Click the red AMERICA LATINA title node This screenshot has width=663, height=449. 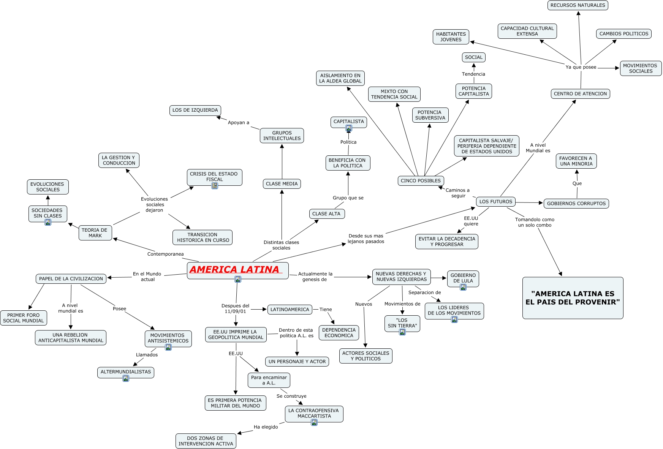237,270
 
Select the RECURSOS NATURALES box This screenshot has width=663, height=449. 578,5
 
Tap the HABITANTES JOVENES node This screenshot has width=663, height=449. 451,37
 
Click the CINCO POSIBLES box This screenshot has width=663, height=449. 421,181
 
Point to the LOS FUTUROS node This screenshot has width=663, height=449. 496,202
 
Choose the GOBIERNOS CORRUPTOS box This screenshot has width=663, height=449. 576,204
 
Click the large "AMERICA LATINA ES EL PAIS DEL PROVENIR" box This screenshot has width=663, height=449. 573,298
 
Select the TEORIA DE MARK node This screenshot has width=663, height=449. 95,233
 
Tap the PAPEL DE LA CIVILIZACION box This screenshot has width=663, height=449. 71,279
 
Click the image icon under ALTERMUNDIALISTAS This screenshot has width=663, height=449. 126,378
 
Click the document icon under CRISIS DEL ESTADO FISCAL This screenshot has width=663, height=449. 215,186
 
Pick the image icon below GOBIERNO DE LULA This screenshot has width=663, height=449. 463,287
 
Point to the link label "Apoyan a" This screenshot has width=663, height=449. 239,123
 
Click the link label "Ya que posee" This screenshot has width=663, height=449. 581,67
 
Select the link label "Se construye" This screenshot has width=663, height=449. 291,396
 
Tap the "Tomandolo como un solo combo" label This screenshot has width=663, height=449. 535,222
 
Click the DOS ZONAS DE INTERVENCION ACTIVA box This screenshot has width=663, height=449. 206,441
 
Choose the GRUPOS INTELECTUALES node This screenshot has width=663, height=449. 282,136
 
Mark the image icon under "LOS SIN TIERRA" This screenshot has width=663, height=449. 402,332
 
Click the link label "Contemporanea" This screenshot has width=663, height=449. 166,254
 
